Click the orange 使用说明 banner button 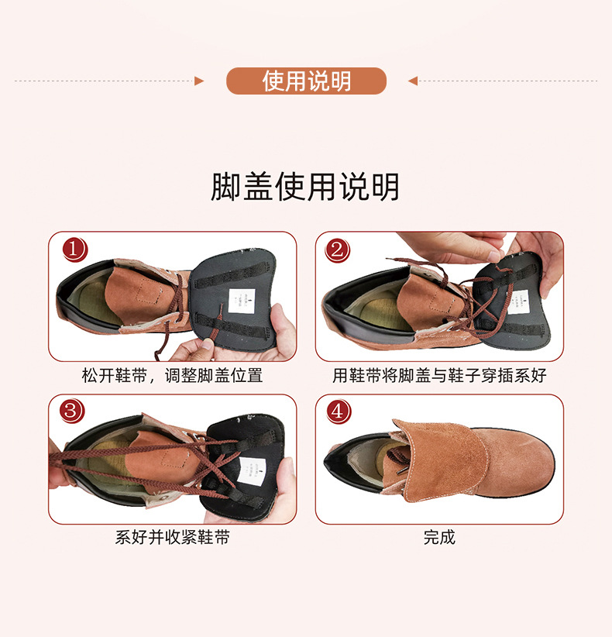coord(306,81)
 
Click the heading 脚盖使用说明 coord(305,188)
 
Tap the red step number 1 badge coord(74,250)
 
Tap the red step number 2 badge coord(338,250)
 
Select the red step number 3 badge coord(74,411)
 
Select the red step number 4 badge coord(338,411)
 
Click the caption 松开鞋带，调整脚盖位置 coord(172,376)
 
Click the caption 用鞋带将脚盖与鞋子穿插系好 coord(439,376)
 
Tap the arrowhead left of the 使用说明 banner coord(199,81)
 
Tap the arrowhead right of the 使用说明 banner coord(413,81)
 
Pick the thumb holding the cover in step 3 coord(284,473)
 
